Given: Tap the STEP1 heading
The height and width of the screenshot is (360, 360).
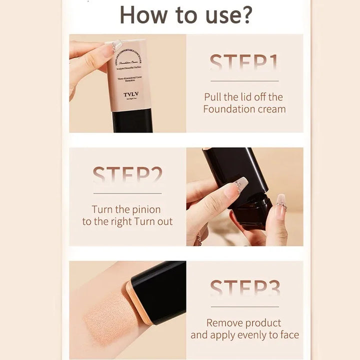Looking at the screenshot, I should click(x=244, y=64).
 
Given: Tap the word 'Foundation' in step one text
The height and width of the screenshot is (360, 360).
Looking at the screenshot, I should click(x=228, y=109).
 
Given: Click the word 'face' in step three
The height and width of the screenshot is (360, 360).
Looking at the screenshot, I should click(x=289, y=335).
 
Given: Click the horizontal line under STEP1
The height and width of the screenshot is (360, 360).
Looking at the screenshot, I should click(x=244, y=80).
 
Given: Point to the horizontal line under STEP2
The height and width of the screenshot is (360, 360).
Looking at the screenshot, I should click(x=127, y=193).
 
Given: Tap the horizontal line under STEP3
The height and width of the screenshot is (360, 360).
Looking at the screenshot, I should click(x=244, y=306).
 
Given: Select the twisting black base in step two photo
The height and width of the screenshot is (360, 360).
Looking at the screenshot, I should click(x=252, y=212).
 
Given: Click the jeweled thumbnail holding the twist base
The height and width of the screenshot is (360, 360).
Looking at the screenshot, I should click(x=238, y=186).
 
